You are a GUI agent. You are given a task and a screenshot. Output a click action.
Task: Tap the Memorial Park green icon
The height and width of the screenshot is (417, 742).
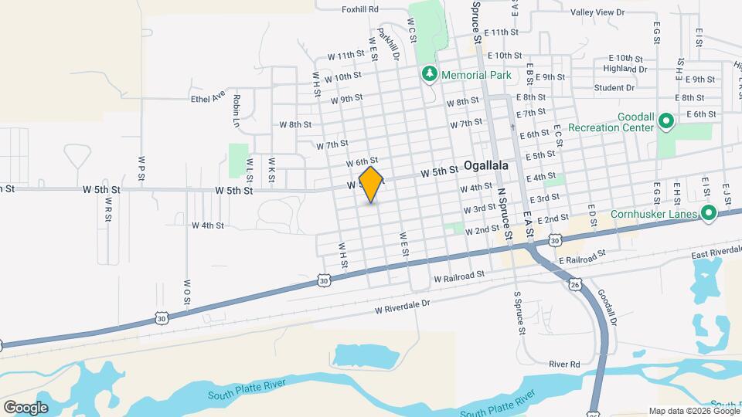[427, 75]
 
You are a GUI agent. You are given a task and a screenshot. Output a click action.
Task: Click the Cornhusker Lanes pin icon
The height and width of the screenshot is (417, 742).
[706, 214]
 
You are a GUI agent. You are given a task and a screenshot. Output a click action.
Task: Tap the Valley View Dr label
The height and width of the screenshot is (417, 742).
[597, 12]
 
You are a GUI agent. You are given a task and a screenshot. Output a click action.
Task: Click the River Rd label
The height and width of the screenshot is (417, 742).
[564, 364]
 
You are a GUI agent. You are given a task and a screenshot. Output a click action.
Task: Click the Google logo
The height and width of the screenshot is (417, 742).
[26, 408]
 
